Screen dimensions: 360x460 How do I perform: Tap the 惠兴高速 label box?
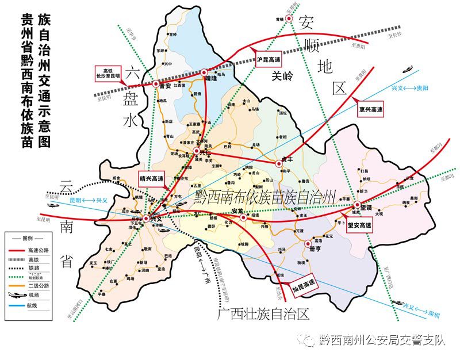370,109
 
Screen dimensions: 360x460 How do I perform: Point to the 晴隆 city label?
210,81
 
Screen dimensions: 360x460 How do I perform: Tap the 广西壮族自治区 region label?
264,314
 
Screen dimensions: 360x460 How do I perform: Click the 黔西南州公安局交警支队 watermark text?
382,340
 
